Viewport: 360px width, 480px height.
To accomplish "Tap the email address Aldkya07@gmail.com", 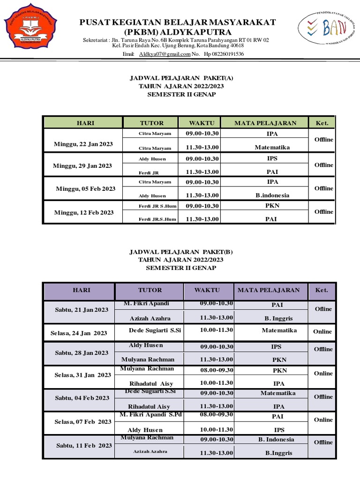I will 165,54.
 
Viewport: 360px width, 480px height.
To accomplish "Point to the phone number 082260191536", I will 224,54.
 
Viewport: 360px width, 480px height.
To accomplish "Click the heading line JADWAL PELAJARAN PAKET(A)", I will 181,78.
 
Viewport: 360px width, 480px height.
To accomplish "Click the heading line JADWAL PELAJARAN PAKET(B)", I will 181,252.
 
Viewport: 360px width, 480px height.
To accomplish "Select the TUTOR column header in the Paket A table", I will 152,123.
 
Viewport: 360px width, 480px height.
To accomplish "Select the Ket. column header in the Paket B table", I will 322,290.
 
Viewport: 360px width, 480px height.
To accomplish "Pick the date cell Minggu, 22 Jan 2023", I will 83,144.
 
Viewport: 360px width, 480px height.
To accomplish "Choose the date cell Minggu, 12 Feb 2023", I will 84,212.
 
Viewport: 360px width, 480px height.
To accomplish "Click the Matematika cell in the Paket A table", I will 272,147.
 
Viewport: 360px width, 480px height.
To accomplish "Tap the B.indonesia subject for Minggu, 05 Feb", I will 272,195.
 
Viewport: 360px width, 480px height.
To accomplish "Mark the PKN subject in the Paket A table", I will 272,205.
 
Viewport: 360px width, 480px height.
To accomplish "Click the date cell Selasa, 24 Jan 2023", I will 79,333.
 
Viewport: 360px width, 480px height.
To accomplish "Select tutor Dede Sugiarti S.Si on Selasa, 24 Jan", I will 155,330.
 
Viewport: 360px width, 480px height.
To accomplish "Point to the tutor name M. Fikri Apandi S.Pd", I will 150,415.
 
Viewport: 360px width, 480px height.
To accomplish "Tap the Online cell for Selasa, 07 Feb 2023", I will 323,420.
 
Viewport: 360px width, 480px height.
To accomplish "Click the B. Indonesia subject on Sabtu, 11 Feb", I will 277,439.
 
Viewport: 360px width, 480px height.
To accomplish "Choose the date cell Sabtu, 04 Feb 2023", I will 82,398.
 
